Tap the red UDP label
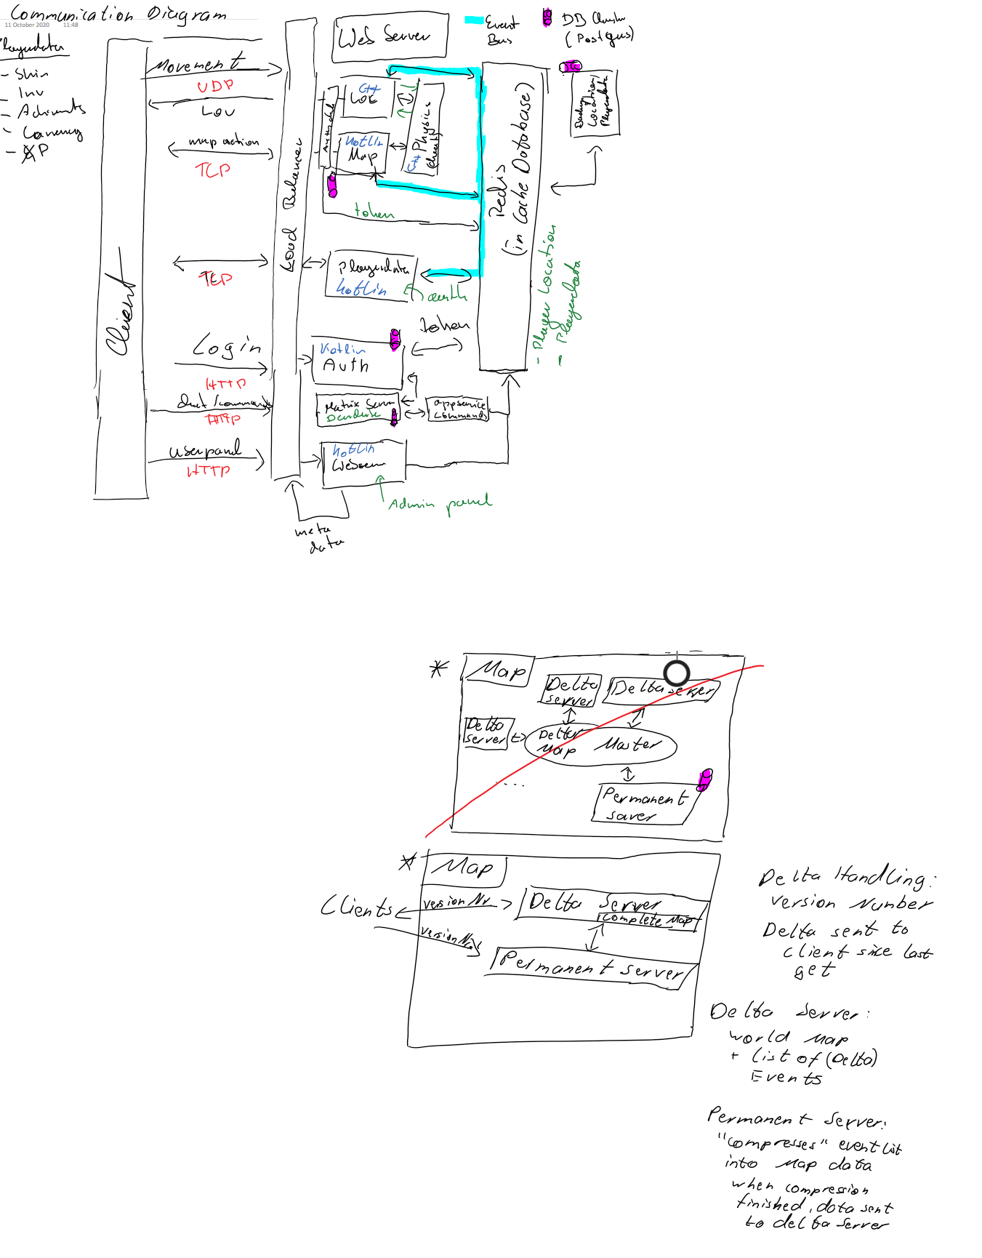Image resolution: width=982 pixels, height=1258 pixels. [x=215, y=86]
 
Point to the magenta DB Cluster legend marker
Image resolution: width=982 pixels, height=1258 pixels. [x=547, y=18]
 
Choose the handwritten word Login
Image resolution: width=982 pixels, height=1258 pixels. [x=227, y=346]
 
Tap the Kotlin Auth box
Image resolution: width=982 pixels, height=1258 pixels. [x=356, y=364]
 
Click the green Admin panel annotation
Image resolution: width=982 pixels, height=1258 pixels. [x=440, y=503]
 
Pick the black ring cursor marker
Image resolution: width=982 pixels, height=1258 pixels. [x=677, y=673]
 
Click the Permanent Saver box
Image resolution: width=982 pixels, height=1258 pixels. [x=643, y=805]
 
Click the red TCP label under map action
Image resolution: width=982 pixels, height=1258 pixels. [x=213, y=170]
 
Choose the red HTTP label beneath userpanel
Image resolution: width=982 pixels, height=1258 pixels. [x=209, y=471]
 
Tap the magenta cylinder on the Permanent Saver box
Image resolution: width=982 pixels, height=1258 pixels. [x=704, y=780]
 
